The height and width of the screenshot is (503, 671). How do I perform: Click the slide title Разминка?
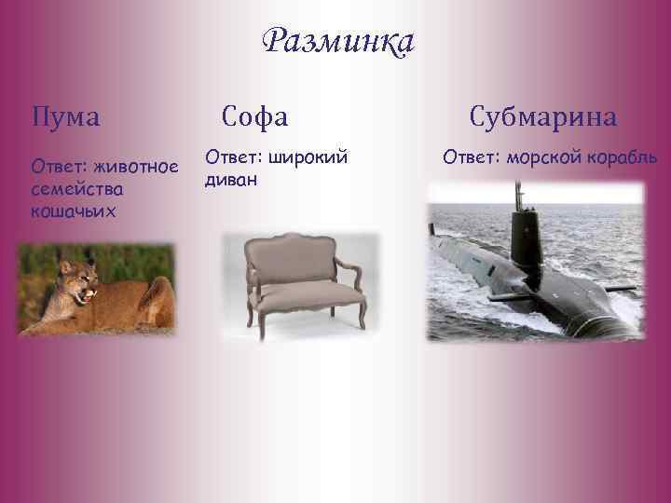pos(337,42)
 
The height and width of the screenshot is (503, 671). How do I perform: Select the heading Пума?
pos(65,117)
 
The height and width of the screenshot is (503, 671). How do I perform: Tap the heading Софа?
pos(254,116)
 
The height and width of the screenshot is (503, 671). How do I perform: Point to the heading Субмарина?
pos(542,117)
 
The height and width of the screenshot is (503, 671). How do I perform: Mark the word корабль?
pos(623,156)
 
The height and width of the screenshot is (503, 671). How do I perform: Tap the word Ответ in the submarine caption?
pos(470,156)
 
